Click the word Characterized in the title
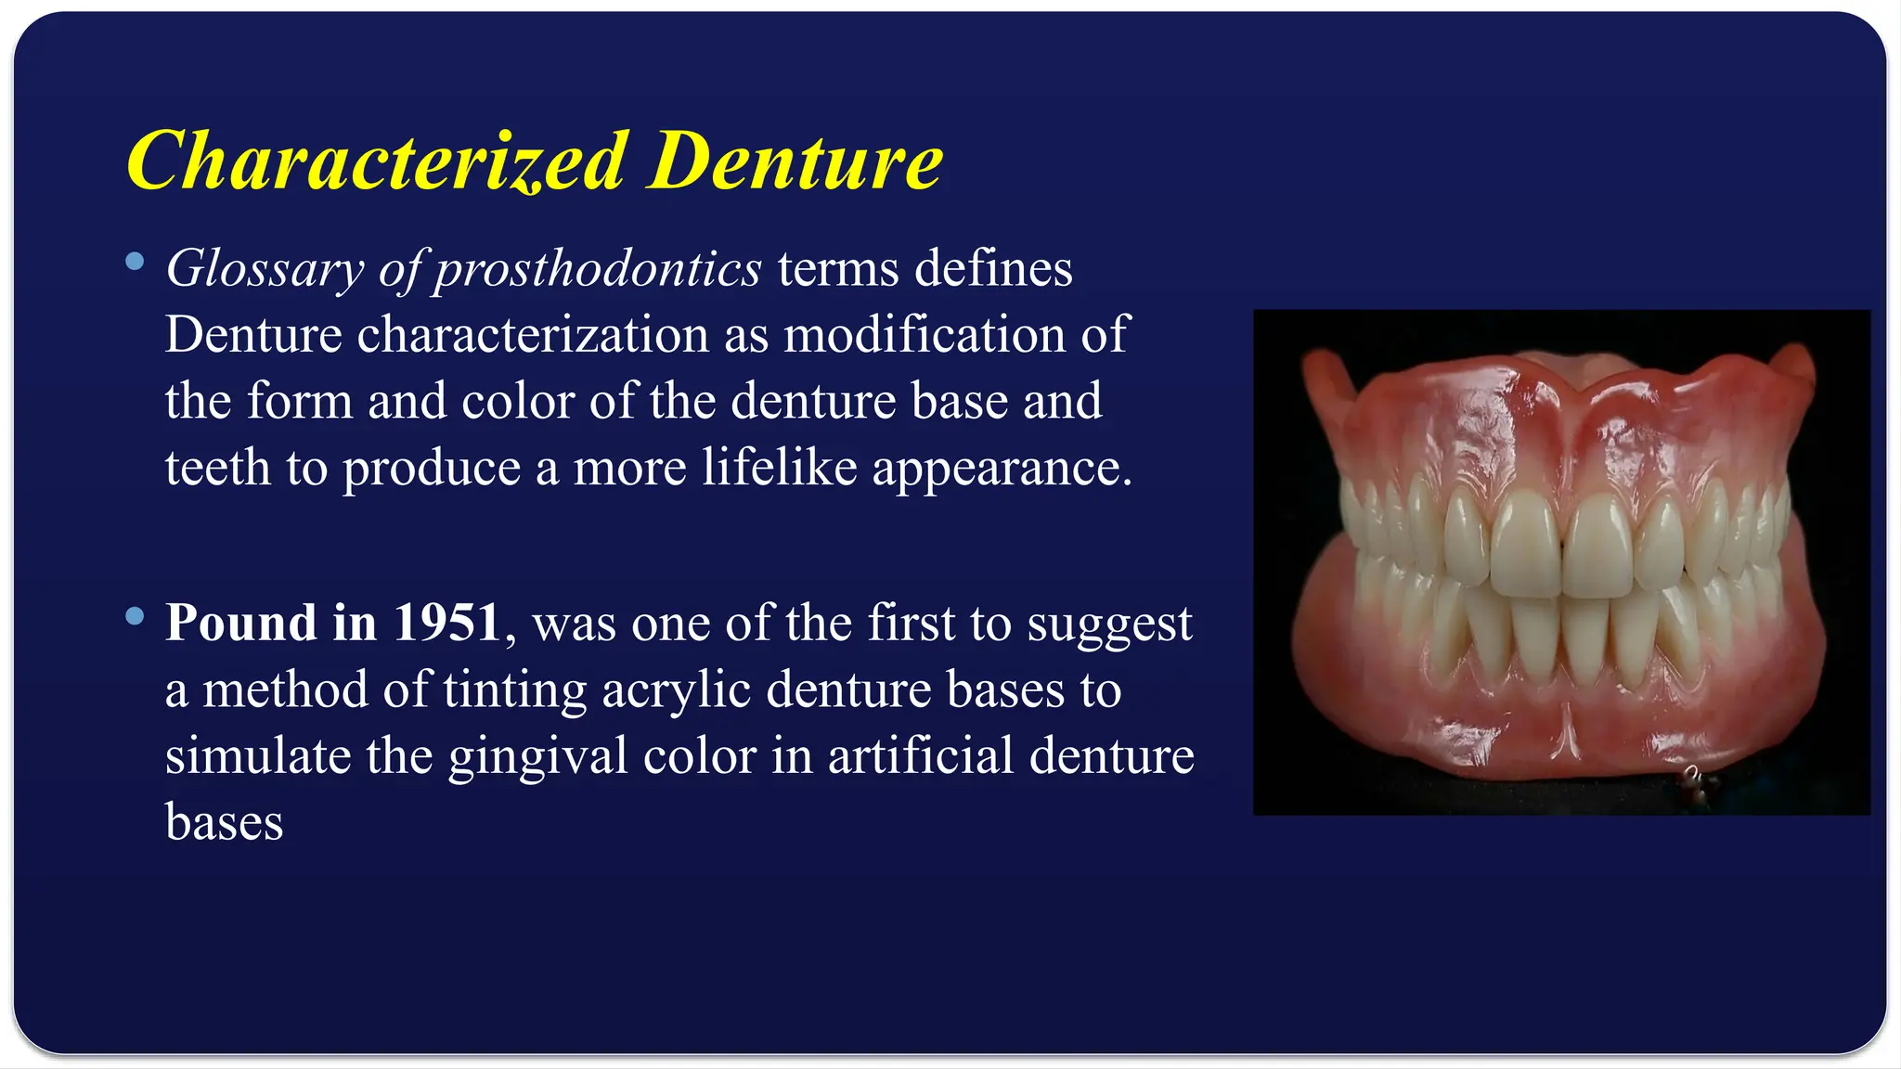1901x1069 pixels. [377, 161]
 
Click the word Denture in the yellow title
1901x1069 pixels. [795, 161]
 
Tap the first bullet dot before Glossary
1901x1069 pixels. [136, 262]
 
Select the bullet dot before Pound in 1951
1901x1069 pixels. [136, 615]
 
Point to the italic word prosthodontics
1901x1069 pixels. [598, 270]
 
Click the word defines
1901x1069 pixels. [993, 268]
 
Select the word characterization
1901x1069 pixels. [533, 334]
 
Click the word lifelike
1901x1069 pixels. [779, 467]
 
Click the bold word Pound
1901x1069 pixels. [240, 622]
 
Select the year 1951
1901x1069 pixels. [447, 622]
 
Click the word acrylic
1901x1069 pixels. [676, 690]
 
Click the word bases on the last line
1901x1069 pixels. [224, 822]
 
